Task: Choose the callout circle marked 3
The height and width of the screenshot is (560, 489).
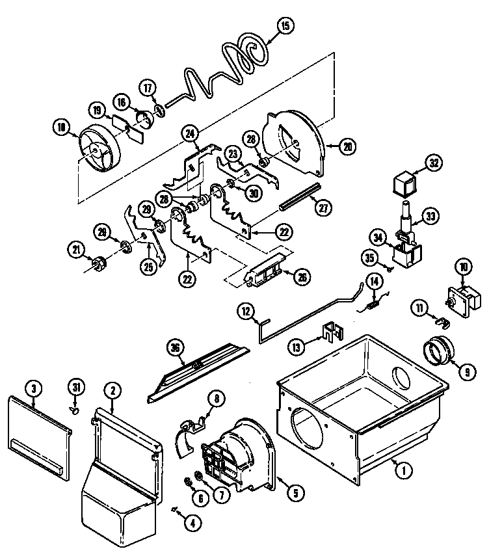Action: click(x=34, y=390)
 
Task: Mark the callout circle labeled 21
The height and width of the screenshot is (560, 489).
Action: click(x=77, y=248)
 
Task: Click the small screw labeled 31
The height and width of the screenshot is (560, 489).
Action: click(x=75, y=410)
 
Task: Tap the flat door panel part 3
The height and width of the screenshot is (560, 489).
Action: click(x=39, y=429)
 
